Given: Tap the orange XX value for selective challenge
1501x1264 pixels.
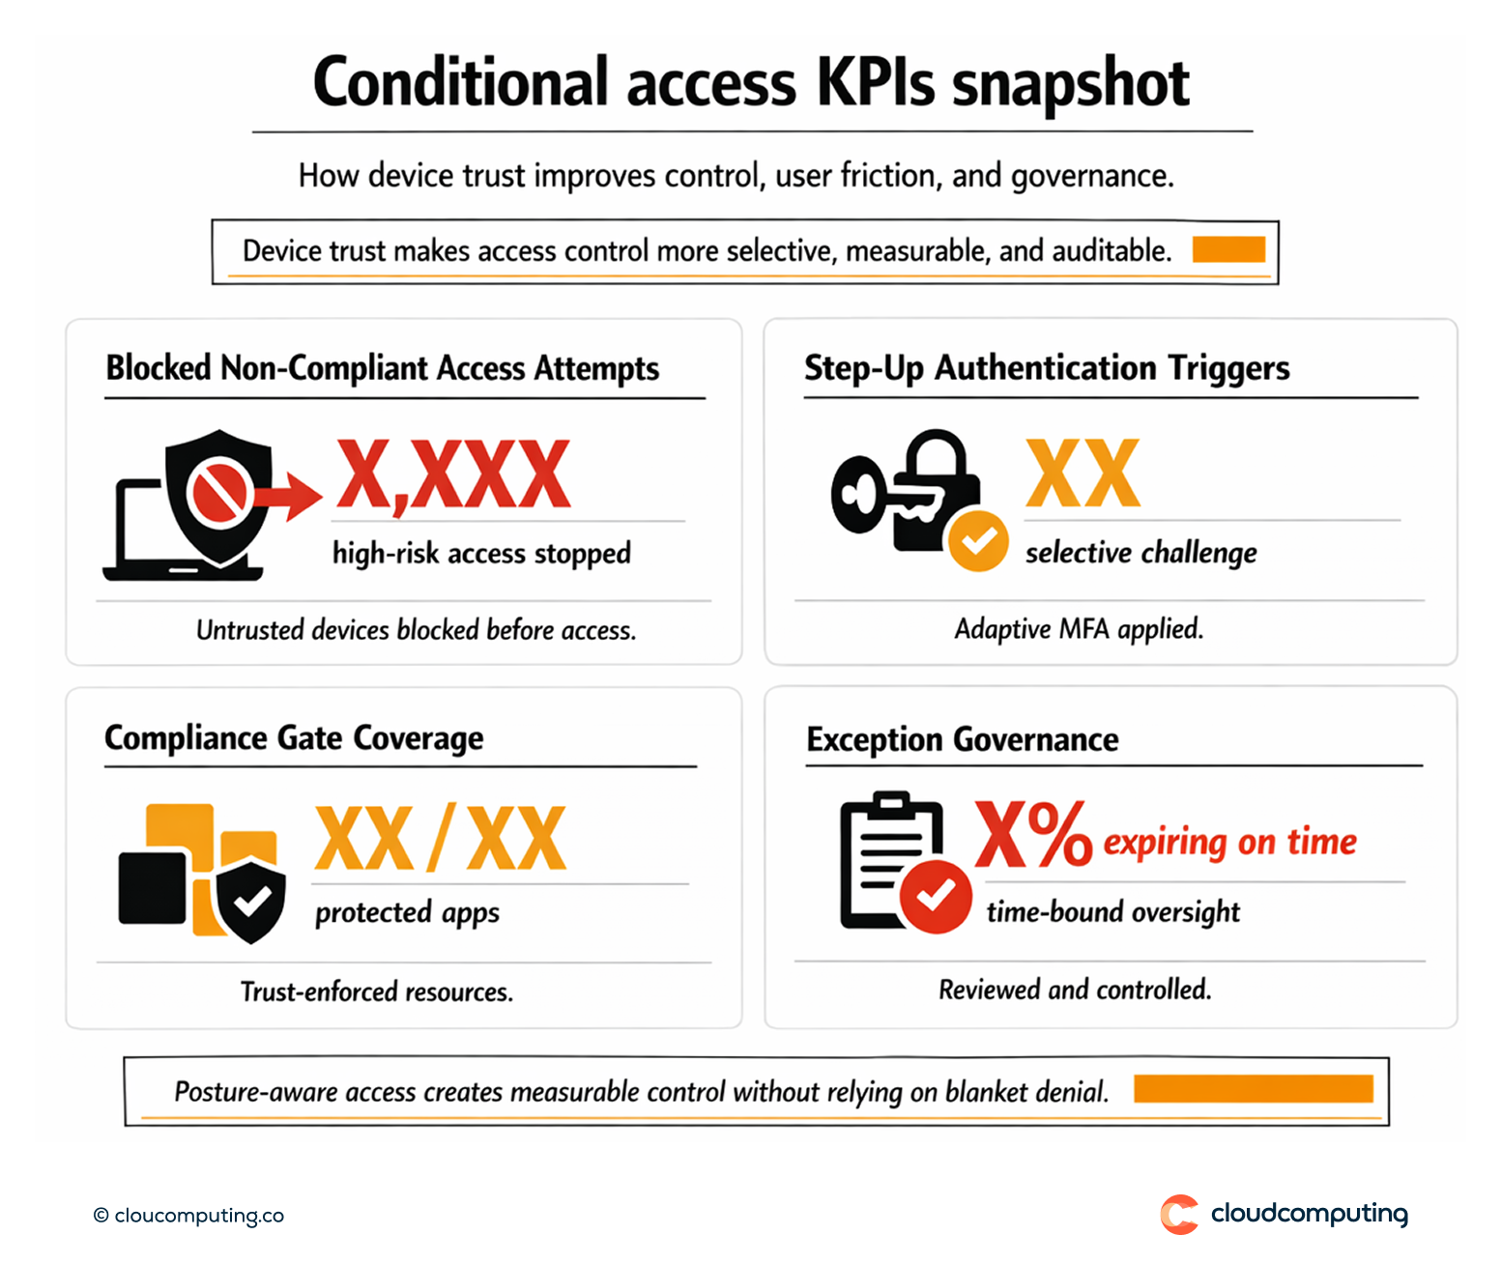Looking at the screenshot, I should [1082, 474].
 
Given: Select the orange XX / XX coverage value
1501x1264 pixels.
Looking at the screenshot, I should [441, 839].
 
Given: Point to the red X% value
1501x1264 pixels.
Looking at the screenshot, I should [1032, 835].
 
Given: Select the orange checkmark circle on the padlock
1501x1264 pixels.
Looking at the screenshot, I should [978, 541].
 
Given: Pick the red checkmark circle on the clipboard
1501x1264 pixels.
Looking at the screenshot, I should [935, 896].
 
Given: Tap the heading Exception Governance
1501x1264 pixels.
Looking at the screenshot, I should [963, 739].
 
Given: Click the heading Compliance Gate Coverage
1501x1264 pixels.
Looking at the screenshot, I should [294, 738].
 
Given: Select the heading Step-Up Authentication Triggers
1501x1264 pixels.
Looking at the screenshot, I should [1047, 368].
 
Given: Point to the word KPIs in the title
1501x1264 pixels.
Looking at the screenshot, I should [876, 83].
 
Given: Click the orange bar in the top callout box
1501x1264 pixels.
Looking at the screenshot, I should [1228, 249].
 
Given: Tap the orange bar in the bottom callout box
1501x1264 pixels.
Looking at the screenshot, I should [1253, 1089].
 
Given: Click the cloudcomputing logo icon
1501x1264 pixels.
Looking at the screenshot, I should [1179, 1214].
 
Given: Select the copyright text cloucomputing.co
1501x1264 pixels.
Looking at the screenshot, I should [189, 1216].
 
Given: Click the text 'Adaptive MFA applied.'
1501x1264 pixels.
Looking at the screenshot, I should [1079, 629].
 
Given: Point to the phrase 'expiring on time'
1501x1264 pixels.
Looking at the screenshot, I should [1229, 842].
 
